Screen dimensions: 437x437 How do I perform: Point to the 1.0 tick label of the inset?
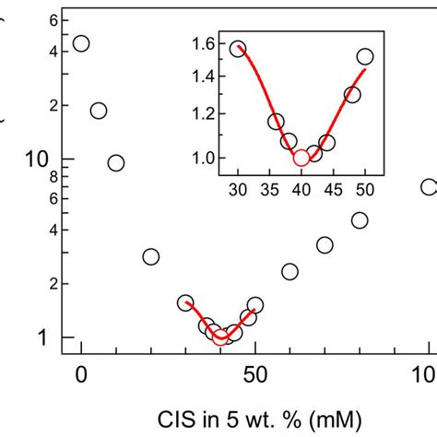pyautogui.click(x=203, y=158)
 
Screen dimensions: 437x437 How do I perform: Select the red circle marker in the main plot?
pyautogui.click(x=220, y=337)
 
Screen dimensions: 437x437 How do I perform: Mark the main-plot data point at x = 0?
pyautogui.click(x=81, y=43)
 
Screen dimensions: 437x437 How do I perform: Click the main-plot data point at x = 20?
pyautogui.click(x=151, y=256)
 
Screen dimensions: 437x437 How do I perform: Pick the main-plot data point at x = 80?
pyautogui.click(x=360, y=219)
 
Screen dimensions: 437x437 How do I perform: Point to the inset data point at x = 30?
pyautogui.click(x=238, y=49)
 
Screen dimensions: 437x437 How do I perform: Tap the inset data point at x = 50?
pyautogui.click(x=365, y=57)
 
